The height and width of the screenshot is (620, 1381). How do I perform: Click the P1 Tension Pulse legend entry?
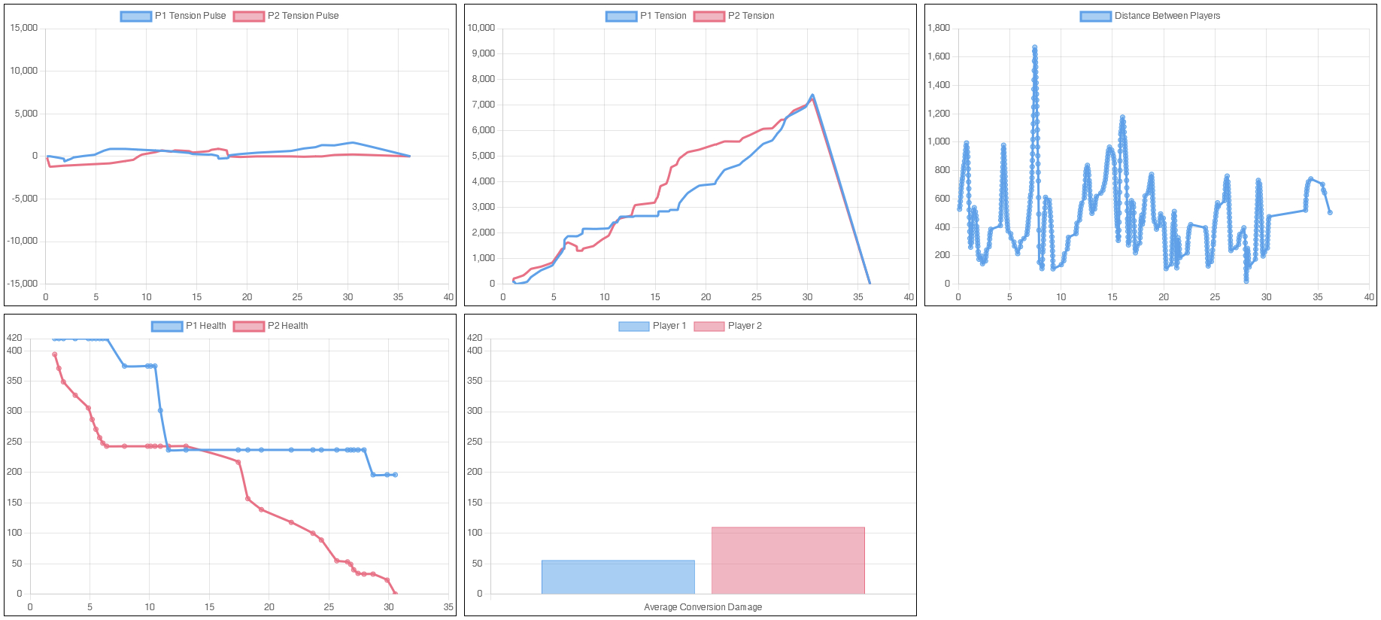coord(174,16)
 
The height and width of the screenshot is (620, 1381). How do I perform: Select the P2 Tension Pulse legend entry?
coord(287,16)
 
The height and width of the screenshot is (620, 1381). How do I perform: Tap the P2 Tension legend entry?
coord(734,16)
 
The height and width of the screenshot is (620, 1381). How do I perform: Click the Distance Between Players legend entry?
coord(1151,16)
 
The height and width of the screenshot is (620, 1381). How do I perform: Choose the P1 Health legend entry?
coord(189,326)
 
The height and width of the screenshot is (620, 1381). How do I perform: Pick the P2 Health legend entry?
coord(271,326)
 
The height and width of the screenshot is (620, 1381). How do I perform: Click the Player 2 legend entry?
coord(728,326)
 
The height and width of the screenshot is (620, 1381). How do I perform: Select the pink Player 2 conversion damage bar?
coord(788,561)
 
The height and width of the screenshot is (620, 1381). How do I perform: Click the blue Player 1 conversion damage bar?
coord(618,577)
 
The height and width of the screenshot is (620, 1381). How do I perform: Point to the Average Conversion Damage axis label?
coord(703,607)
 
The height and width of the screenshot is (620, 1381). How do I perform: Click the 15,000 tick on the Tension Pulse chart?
coord(23,28)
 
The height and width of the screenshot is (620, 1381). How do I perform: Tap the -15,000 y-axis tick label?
coord(23,284)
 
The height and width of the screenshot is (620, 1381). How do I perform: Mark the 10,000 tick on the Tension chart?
coord(481,28)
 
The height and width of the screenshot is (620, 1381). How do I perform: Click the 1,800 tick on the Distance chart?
coord(939,28)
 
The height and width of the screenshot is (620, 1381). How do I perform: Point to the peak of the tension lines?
coord(812,96)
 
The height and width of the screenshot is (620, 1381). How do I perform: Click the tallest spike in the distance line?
coord(1034,47)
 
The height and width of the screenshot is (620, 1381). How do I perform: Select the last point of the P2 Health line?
coord(395,594)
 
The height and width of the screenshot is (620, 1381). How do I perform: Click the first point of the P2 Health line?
coord(54,354)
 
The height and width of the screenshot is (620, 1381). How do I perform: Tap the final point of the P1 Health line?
coord(395,475)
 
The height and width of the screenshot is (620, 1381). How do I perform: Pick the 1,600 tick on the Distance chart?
coord(939,56)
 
